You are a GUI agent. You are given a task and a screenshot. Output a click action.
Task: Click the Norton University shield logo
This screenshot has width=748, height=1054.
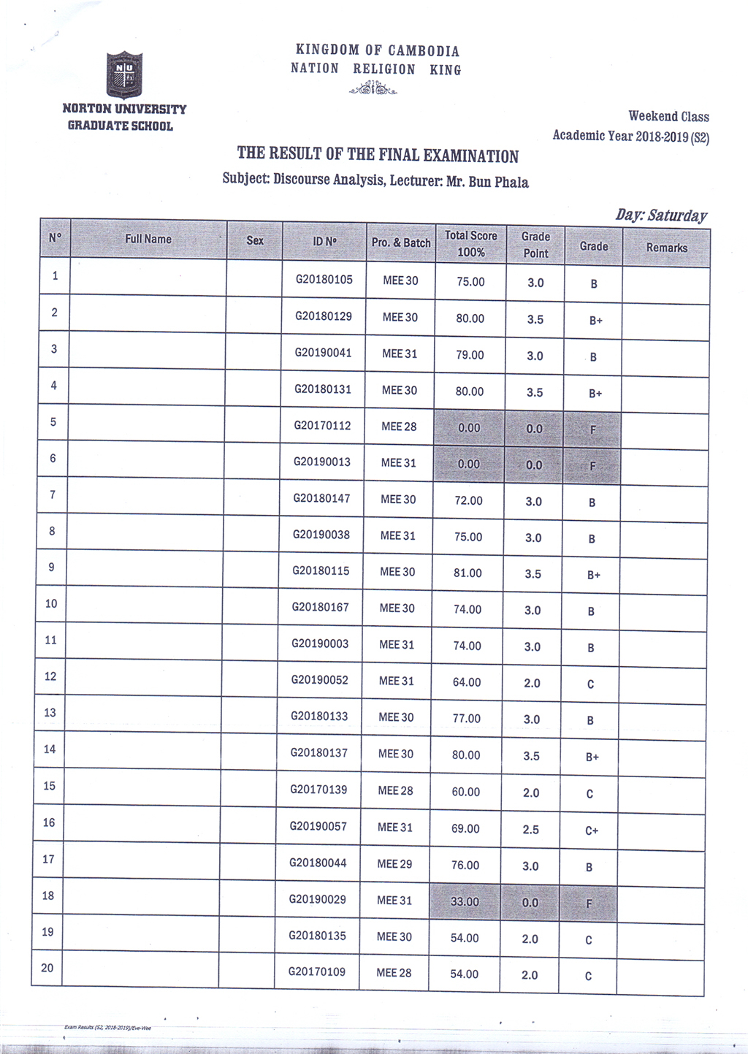[x=124, y=75]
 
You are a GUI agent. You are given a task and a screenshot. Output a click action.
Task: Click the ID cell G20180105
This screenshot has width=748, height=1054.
[x=324, y=280]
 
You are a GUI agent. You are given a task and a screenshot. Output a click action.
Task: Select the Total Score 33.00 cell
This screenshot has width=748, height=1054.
[x=465, y=901]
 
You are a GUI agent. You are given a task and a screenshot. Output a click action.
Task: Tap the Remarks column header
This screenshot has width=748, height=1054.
[x=666, y=248]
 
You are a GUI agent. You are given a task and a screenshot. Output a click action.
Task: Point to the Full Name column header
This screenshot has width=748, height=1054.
[x=148, y=239]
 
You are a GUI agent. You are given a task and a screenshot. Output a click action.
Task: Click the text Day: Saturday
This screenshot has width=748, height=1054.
[x=661, y=215]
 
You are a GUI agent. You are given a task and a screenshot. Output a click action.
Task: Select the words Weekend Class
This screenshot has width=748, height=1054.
[x=668, y=116]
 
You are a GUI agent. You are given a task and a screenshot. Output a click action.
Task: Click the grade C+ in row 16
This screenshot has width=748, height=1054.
[x=592, y=830]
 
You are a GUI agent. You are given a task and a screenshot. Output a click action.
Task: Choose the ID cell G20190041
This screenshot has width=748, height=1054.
[x=323, y=353]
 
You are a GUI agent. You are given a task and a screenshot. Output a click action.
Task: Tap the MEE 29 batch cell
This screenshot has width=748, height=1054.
[x=394, y=864]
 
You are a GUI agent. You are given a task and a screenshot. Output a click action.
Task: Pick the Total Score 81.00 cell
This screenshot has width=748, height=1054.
[x=467, y=573]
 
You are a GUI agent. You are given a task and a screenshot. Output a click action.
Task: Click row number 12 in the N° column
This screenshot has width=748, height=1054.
[x=50, y=676]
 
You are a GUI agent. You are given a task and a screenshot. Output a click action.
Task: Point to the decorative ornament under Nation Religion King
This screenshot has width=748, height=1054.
[x=373, y=89]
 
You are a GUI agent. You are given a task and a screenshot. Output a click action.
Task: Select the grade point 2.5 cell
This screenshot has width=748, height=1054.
[x=531, y=830]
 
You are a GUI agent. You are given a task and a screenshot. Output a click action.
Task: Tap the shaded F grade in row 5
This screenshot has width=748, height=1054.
[x=592, y=430]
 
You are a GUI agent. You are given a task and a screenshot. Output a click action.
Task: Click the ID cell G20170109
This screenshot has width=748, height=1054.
[x=317, y=971]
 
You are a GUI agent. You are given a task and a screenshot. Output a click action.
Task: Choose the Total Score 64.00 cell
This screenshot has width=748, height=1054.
[x=467, y=682]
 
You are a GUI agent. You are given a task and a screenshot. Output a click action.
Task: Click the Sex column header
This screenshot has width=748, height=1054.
[x=255, y=240]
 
